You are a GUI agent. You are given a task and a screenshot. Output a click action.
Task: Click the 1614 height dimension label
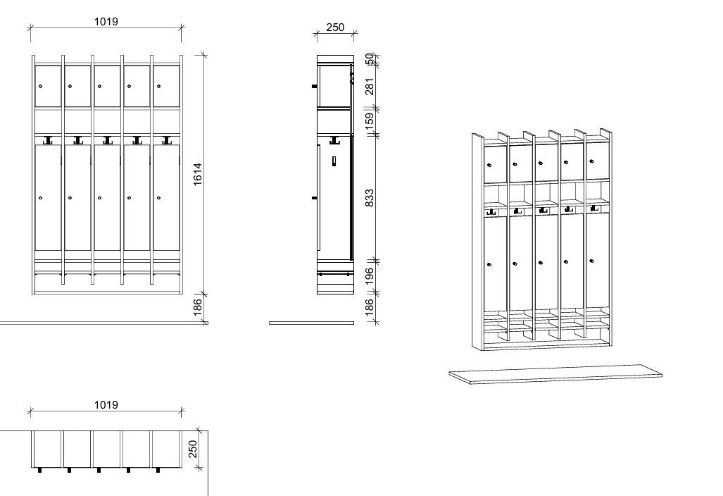[197, 175]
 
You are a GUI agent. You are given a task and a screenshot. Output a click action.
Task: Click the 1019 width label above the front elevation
[106, 22]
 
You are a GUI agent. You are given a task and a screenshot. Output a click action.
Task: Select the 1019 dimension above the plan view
[106, 405]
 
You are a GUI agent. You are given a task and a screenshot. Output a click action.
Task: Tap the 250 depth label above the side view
[335, 27]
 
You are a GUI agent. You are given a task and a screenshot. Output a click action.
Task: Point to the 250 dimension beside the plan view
[193, 449]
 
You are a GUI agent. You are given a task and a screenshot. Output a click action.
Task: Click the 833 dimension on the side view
[370, 198]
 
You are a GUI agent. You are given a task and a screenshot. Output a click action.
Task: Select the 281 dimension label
[370, 87]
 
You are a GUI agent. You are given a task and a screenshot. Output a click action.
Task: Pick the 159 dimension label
[370, 122]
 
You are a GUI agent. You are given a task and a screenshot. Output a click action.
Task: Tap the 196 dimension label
[370, 276]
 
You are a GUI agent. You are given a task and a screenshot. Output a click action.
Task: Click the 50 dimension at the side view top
[370, 59]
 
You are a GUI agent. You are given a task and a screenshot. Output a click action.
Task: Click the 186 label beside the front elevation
[197, 308]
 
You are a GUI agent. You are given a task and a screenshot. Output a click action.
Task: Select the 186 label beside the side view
[370, 308]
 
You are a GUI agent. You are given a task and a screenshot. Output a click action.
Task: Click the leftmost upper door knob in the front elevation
[41, 86]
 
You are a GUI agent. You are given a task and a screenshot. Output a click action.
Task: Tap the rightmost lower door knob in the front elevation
[158, 198]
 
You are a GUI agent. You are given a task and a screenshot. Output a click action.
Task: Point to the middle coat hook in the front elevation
[107, 140]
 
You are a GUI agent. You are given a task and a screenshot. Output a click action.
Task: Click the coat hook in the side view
[335, 139]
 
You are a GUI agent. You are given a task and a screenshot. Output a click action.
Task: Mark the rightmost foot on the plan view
[158, 470]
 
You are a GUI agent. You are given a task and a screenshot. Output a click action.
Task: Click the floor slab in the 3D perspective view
[555, 373]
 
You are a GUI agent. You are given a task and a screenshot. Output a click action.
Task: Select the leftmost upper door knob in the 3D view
[489, 165]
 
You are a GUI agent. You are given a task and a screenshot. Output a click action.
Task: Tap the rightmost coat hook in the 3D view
[594, 209]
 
